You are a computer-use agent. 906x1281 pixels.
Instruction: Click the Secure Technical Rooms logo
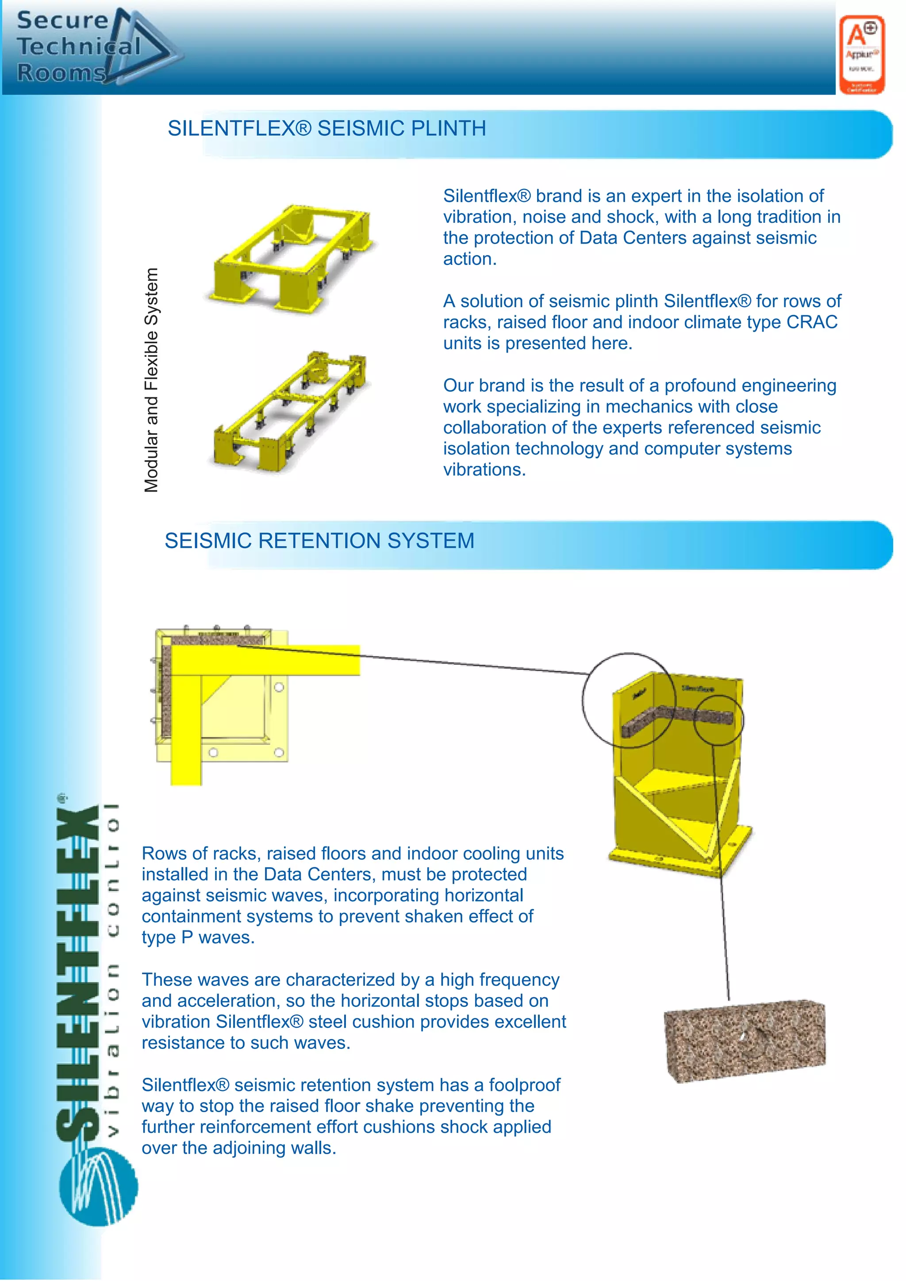point(92,47)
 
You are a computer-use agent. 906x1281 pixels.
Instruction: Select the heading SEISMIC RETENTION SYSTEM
point(319,541)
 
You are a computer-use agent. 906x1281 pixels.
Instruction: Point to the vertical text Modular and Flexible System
point(151,381)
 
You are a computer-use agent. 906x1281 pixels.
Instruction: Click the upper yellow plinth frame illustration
point(290,255)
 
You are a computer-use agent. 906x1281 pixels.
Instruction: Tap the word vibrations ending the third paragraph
point(484,470)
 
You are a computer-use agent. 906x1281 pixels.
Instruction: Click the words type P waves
point(198,937)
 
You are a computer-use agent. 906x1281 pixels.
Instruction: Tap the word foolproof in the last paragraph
point(524,1085)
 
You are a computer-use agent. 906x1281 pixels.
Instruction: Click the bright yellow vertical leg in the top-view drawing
point(186,731)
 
